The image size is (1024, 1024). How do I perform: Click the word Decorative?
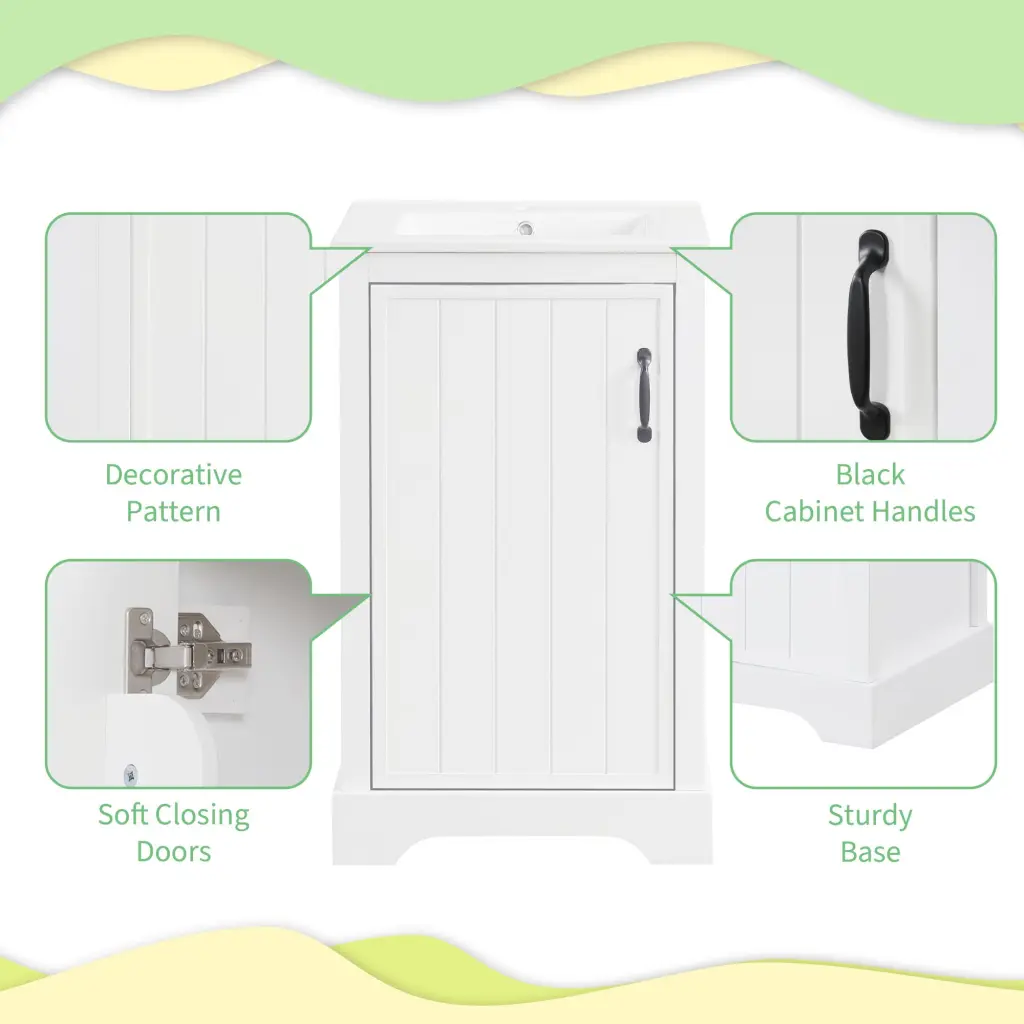tap(174, 475)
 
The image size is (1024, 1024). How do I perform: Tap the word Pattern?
tap(174, 511)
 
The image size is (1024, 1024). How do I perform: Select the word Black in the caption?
tap(870, 475)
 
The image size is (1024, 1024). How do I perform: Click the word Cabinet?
tap(818, 511)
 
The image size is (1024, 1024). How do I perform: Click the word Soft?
tap(123, 814)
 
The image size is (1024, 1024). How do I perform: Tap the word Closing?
tap(202, 816)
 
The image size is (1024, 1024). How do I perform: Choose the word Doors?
tap(174, 852)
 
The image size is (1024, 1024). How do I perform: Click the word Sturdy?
tap(870, 817)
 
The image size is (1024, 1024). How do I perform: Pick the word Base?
tap(870, 852)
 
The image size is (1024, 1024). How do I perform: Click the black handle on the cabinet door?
tap(644, 395)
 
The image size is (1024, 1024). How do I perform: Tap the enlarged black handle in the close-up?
tap(870, 334)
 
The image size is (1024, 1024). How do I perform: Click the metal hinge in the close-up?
tap(187, 650)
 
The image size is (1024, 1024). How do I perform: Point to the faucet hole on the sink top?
tap(525, 229)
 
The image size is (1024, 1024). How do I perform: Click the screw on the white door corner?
tap(130, 775)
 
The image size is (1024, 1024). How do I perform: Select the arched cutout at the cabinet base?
tap(522, 851)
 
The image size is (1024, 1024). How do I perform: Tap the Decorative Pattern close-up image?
tap(178, 327)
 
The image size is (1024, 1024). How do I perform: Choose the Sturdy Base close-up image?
tap(863, 673)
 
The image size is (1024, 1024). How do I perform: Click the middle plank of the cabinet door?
tap(522, 536)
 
